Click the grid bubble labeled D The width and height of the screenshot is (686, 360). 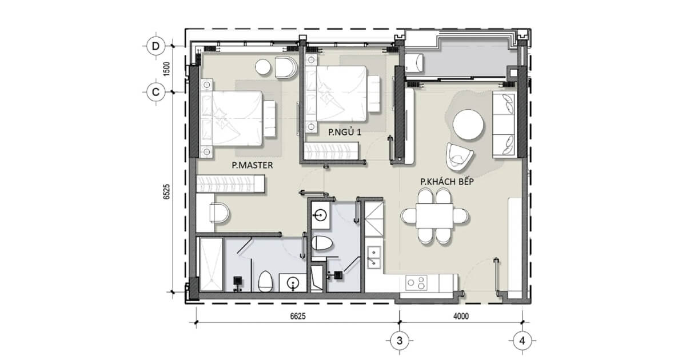(156, 46)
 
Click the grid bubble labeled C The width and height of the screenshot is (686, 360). (156, 92)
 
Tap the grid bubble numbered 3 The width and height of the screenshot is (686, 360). (400, 341)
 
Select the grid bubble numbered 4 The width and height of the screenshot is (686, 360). (523, 341)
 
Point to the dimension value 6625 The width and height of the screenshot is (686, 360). (298, 316)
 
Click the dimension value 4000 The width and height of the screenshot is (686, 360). (461, 316)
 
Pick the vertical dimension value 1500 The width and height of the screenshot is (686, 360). (166, 69)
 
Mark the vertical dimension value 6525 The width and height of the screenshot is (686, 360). (166, 192)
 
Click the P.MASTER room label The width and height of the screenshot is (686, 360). (252, 165)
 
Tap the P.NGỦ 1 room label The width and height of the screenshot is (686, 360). (345, 132)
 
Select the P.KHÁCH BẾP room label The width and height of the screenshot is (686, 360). (447, 182)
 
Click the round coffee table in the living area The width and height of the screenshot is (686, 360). (468, 125)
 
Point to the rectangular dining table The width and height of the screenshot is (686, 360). (434, 215)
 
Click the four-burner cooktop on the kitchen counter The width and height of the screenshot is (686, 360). (416, 283)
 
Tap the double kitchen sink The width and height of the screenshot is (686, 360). (374, 258)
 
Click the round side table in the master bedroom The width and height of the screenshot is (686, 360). (263, 67)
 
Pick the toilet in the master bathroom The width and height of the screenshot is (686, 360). (265, 282)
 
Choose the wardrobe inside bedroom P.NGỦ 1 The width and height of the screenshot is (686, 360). (332, 151)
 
